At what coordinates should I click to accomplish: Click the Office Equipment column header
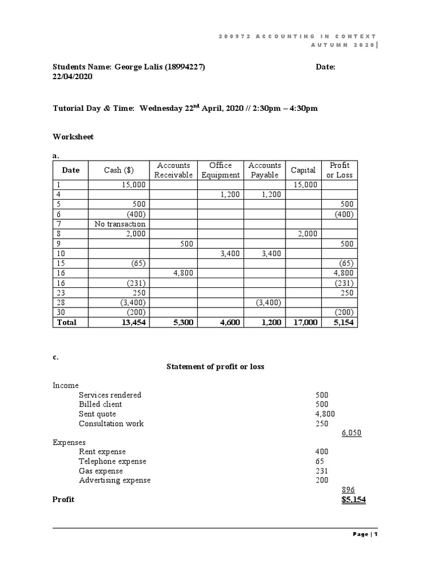point(220,170)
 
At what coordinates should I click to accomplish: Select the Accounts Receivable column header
point(173,170)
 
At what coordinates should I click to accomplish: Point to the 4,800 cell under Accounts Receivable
point(183,273)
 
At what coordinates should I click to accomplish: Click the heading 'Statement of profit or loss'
point(215,366)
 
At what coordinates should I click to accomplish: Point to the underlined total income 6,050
point(352,434)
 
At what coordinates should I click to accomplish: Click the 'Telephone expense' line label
point(112,461)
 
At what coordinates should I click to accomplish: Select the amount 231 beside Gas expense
point(321,471)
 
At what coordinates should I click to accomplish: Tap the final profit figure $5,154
point(353,500)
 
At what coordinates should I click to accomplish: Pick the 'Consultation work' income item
point(111,424)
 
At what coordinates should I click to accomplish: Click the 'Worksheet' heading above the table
point(73,137)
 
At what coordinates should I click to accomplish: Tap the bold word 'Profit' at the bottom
point(63,500)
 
